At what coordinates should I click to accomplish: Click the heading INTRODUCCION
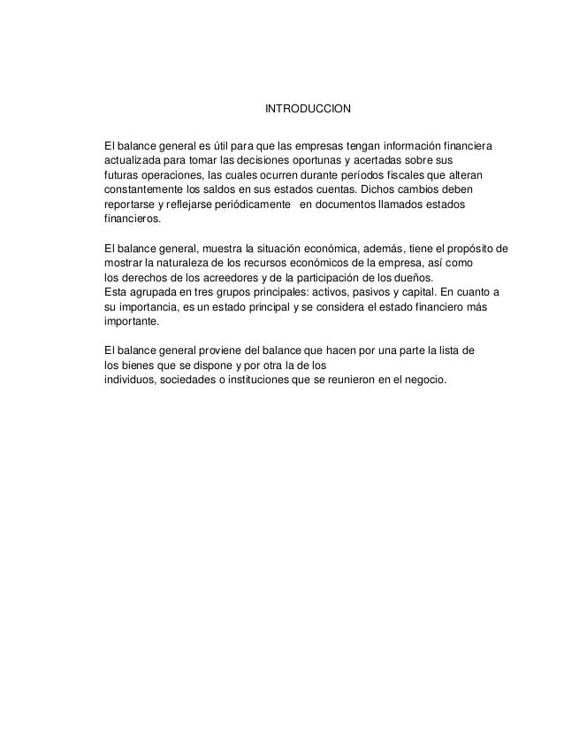tap(309, 110)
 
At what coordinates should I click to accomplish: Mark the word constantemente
tap(147, 190)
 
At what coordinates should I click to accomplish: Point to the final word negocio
tap(425, 381)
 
